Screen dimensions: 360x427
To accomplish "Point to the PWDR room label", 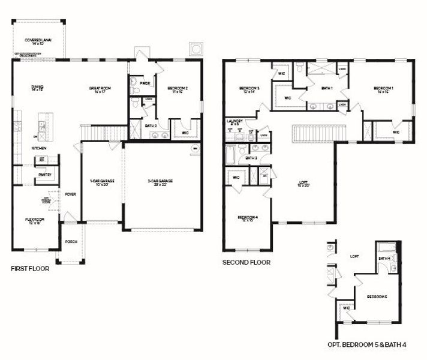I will coord(143,83).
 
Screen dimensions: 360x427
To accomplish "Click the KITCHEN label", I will coord(40,148).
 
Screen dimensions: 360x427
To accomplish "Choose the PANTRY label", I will coord(44,175).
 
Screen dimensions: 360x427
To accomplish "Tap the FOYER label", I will coord(70,194).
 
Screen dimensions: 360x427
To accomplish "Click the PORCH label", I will coord(70,242).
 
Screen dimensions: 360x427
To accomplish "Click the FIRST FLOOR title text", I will coord(30,269).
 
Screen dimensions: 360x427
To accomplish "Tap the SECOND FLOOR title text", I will coord(246,262).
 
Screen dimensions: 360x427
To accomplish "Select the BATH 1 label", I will coord(326,88).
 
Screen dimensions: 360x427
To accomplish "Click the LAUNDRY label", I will coord(234,122).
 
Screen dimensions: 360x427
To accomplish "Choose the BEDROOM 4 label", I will coord(247,218).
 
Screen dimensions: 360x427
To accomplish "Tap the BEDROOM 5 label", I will coord(377,296).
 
